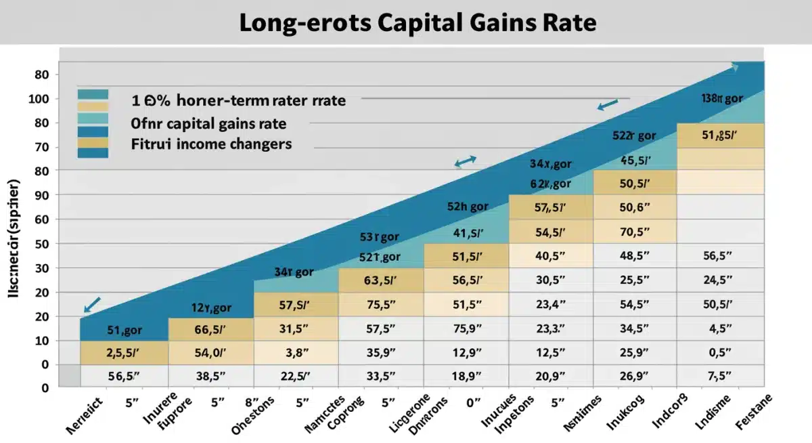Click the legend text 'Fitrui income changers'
click(211, 144)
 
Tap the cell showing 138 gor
click(721, 98)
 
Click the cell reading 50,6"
click(635, 207)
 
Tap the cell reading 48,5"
click(635, 256)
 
